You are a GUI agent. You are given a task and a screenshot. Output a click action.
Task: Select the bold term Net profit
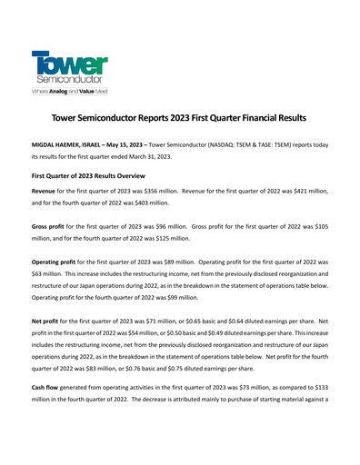pyautogui.click(x=50, y=322)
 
